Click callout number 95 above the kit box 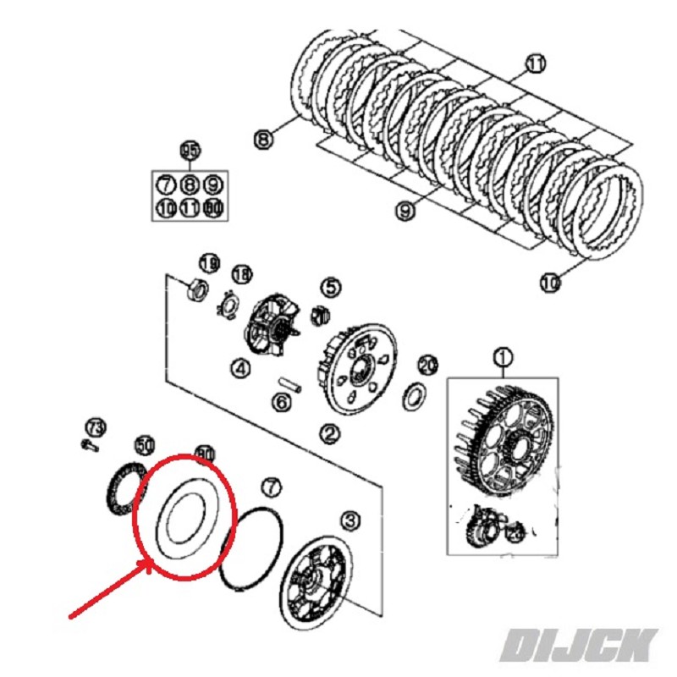189,151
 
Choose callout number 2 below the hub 328,433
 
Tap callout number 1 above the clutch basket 503,357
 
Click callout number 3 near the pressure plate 350,520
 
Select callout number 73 95,425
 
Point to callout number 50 145,444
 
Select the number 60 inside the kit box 212,206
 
